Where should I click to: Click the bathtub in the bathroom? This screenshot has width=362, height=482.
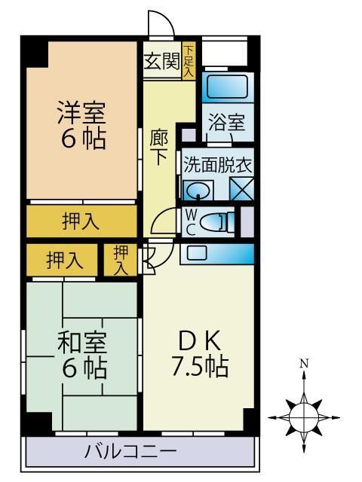[x=226, y=87]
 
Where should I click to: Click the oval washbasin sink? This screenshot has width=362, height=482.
[x=198, y=189]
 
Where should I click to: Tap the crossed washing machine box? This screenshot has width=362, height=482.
[x=242, y=189]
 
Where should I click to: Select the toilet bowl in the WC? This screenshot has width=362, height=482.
[x=219, y=221]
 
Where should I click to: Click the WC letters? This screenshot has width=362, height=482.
[x=191, y=221]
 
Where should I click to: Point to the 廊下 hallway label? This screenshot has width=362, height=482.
[x=159, y=147]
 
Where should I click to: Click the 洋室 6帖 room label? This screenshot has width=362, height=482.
[x=82, y=125]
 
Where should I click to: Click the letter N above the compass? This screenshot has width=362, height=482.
[x=304, y=365]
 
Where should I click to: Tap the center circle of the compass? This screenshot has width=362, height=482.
[x=304, y=413]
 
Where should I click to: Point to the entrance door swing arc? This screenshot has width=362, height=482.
[x=158, y=27]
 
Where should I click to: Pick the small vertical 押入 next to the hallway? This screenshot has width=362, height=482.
[x=120, y=260]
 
